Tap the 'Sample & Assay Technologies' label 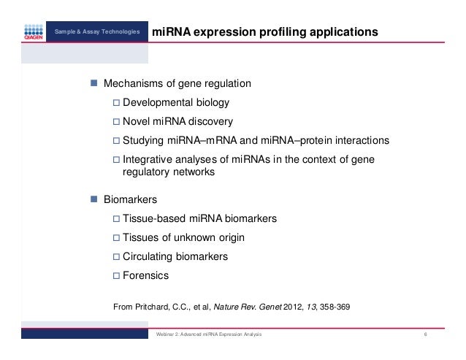tap(94, 30)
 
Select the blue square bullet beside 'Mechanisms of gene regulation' tap(94, 83)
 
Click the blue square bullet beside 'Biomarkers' tap(94, 199)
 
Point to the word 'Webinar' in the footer tap(167, 334)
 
